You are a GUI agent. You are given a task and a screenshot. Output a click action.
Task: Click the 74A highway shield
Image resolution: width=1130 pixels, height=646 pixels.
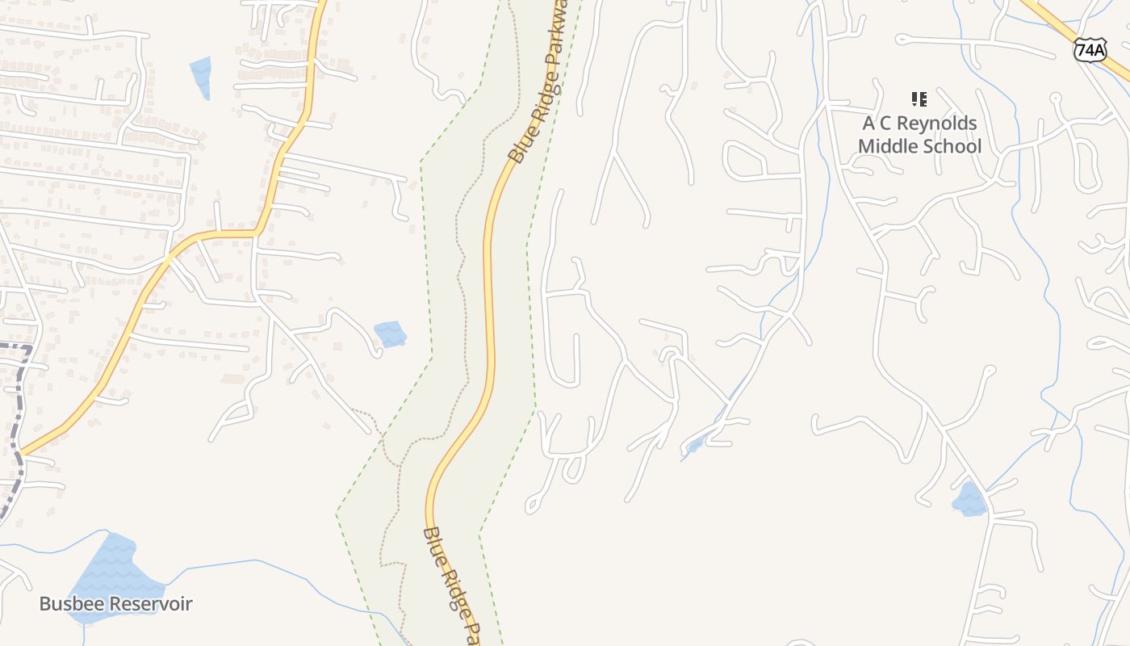click(1090, 50)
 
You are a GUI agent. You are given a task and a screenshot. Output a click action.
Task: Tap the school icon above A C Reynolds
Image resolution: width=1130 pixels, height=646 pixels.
click(919, 99)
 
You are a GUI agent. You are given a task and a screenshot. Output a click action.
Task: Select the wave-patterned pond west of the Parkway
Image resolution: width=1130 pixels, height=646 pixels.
click(391, 333)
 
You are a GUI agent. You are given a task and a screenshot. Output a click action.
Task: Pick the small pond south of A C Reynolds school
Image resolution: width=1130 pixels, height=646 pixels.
click(970, 500)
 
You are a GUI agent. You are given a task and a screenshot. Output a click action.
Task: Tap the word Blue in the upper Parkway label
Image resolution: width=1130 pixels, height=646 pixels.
click(518, 150)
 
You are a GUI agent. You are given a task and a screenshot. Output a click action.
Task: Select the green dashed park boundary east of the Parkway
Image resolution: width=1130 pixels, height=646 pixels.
click(529, 323)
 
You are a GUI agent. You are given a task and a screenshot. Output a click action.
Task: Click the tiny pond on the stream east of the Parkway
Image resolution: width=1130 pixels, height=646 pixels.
click(693, 445)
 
